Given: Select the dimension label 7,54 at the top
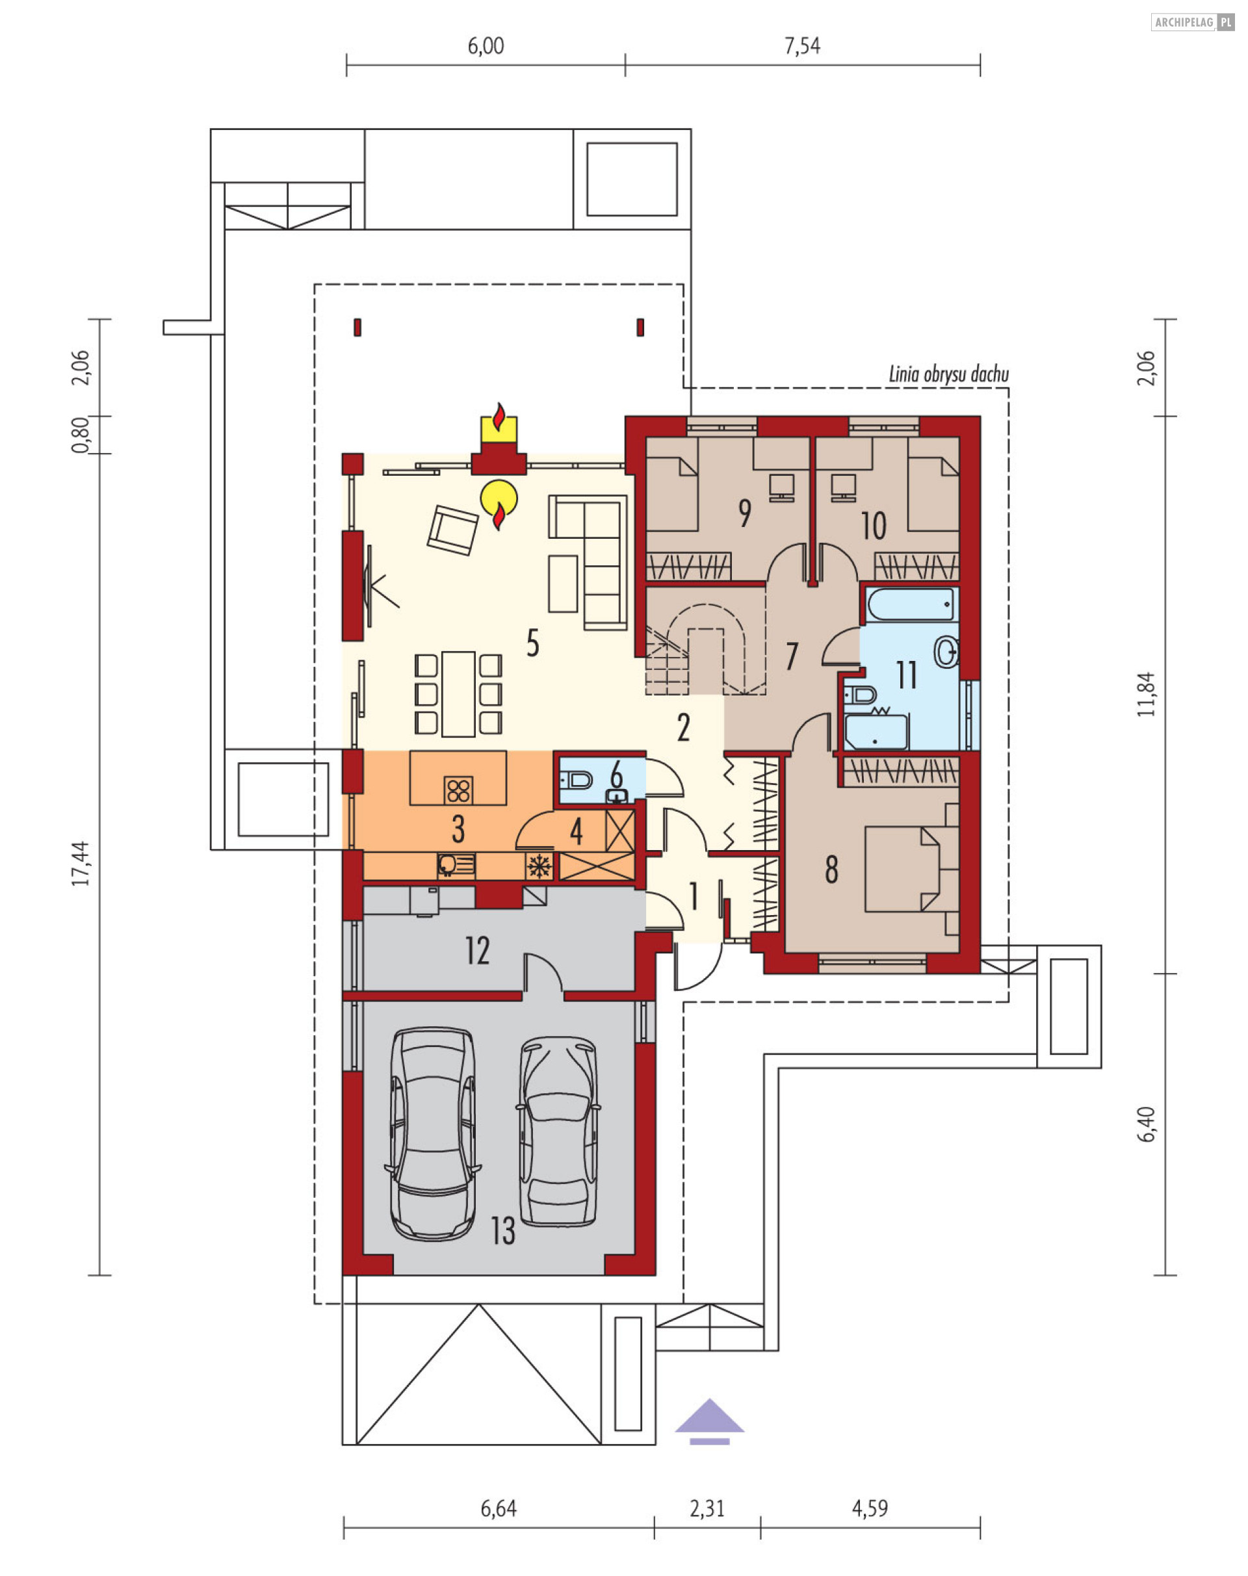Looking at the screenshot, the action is pyautogui.click(x=802, y=46).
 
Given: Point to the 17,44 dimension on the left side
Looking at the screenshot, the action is pyautogui.click(x=81, y=864).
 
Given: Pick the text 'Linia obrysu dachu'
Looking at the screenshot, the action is pyautogui.click(x=948, y=375).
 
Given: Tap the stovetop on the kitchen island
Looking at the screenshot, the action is pyautogui.click(x=458, y=790).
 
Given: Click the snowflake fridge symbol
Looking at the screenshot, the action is pyautogui.click(x=539, y=866).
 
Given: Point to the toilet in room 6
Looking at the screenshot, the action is pyautogui.click(x=577, y=781).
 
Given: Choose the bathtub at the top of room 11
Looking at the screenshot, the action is pyautogui.click(x=911, y=605).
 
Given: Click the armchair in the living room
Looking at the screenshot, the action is pyautogui.click(x=452, y=530).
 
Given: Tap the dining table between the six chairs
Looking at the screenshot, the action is pyautogui.click(x=458, y=693).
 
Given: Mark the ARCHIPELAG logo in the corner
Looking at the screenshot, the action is pyautogui.click(x=1193, y=23).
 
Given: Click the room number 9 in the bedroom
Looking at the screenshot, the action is pyautogui.click(x=744, y=513).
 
